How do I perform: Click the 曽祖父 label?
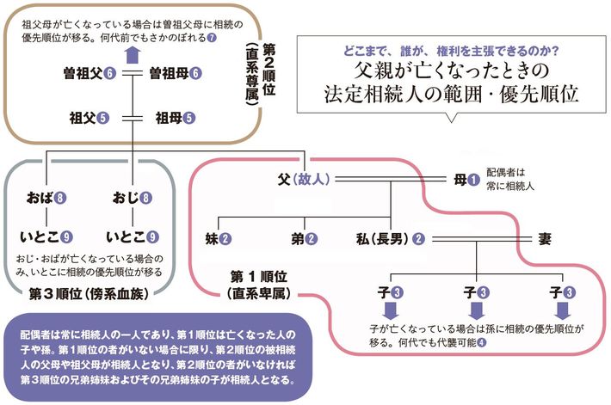tap(83, 73)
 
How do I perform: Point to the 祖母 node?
tap(169, 118)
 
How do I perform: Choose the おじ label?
tap(125, 198)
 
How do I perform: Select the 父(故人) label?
tap(299, 180)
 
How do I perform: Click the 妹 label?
tap(212, 236)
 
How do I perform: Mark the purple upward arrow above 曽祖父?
tap(130, 54)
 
